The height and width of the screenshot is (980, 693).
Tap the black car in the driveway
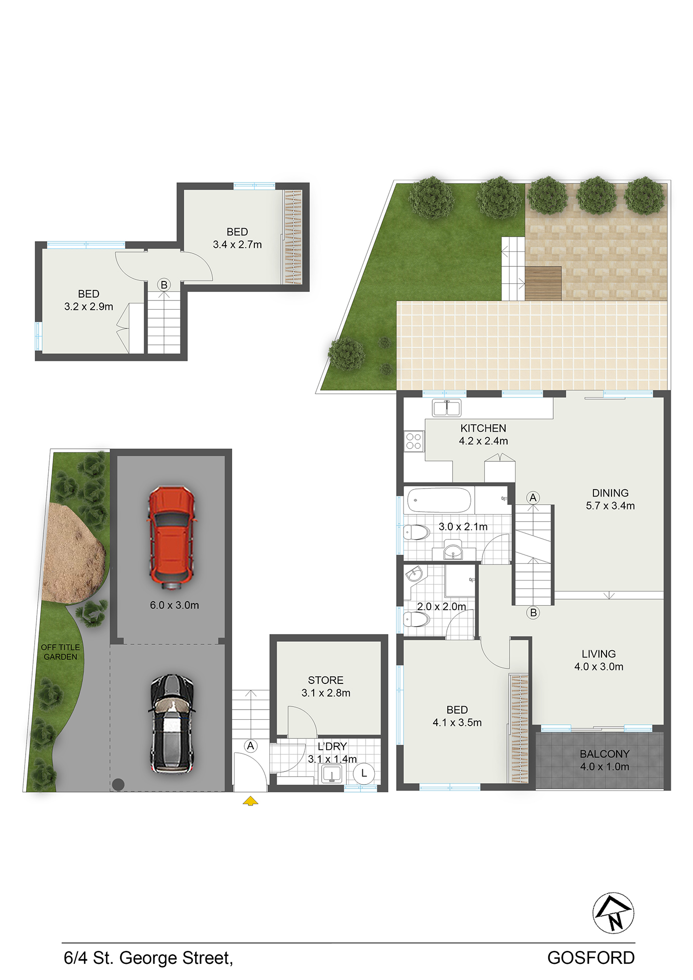coord(172,723)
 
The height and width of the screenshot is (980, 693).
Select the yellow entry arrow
coord(250,801)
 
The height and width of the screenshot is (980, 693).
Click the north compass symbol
coord(613,913)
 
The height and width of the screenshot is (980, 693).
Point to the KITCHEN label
coord(483,428)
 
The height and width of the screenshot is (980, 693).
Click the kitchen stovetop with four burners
coord(414,441)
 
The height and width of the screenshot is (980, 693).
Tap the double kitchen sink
coord(446,408)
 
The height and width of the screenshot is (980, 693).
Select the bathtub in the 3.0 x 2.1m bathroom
coord(439,500)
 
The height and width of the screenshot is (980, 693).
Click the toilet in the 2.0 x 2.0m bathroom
coord(417,619)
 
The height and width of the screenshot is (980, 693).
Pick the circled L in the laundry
coord(364,773)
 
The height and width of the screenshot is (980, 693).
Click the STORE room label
coord(326,680)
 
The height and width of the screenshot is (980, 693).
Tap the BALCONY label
coord(605,754)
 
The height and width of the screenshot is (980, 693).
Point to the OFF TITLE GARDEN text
coord(60,652)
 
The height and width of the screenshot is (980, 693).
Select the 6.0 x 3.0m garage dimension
coord(174,605)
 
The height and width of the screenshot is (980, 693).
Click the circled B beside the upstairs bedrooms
coord(164,284)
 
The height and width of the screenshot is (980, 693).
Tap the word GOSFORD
coord(591,958)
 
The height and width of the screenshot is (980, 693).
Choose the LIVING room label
coord(599,654)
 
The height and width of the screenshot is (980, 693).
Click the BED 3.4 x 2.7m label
coord(237,238)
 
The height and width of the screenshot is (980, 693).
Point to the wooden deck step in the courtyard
coord(543,283)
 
